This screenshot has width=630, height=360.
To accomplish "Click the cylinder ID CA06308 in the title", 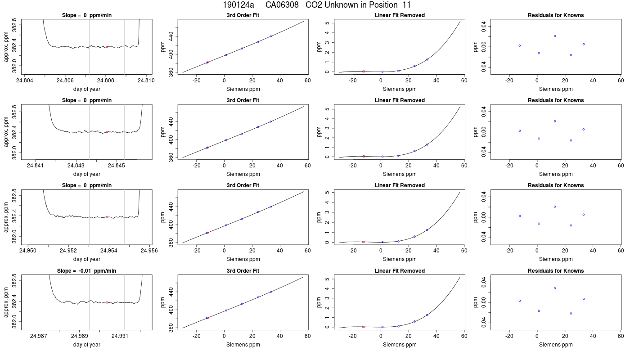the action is click(x=282, y=5).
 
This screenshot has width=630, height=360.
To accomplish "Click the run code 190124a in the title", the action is click(x=238, y=5).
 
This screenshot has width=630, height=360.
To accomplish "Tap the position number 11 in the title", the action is click(x=407, y=5).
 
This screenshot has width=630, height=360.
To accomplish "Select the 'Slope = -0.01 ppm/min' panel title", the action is click(x=86, y=271).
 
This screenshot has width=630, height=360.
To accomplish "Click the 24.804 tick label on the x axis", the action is click(x=24, y=81).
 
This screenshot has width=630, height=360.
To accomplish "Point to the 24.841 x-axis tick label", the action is click(x=35, y=166).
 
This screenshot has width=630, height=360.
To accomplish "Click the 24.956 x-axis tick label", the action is click(x=149, y=250).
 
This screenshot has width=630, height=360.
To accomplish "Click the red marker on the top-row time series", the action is click(x=107, y=47).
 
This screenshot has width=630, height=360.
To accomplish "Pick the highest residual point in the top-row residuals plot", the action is click(x=555, y=36).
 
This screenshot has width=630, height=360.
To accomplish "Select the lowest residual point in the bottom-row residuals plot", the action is click(x=571, y=313).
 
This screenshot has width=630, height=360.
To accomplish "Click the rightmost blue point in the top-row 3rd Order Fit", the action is click(x=270, y=36).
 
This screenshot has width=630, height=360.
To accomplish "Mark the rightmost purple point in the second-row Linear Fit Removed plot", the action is click(x=427, y=144).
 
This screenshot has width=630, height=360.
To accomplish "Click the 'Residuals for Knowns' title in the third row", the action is click(x=556, y=185).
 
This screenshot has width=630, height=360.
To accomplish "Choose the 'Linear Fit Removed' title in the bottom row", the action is click(x=400, y=271).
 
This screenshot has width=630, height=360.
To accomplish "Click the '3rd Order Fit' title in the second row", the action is click(x=243, y=100).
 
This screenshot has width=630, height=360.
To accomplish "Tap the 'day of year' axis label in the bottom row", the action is click(x=86, y=345).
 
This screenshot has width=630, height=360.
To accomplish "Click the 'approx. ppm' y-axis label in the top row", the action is click(x=6, y=47).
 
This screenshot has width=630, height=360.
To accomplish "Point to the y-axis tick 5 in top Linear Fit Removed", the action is click(x=327, y=23).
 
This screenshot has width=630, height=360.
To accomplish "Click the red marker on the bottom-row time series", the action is click(x=107, y=302).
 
